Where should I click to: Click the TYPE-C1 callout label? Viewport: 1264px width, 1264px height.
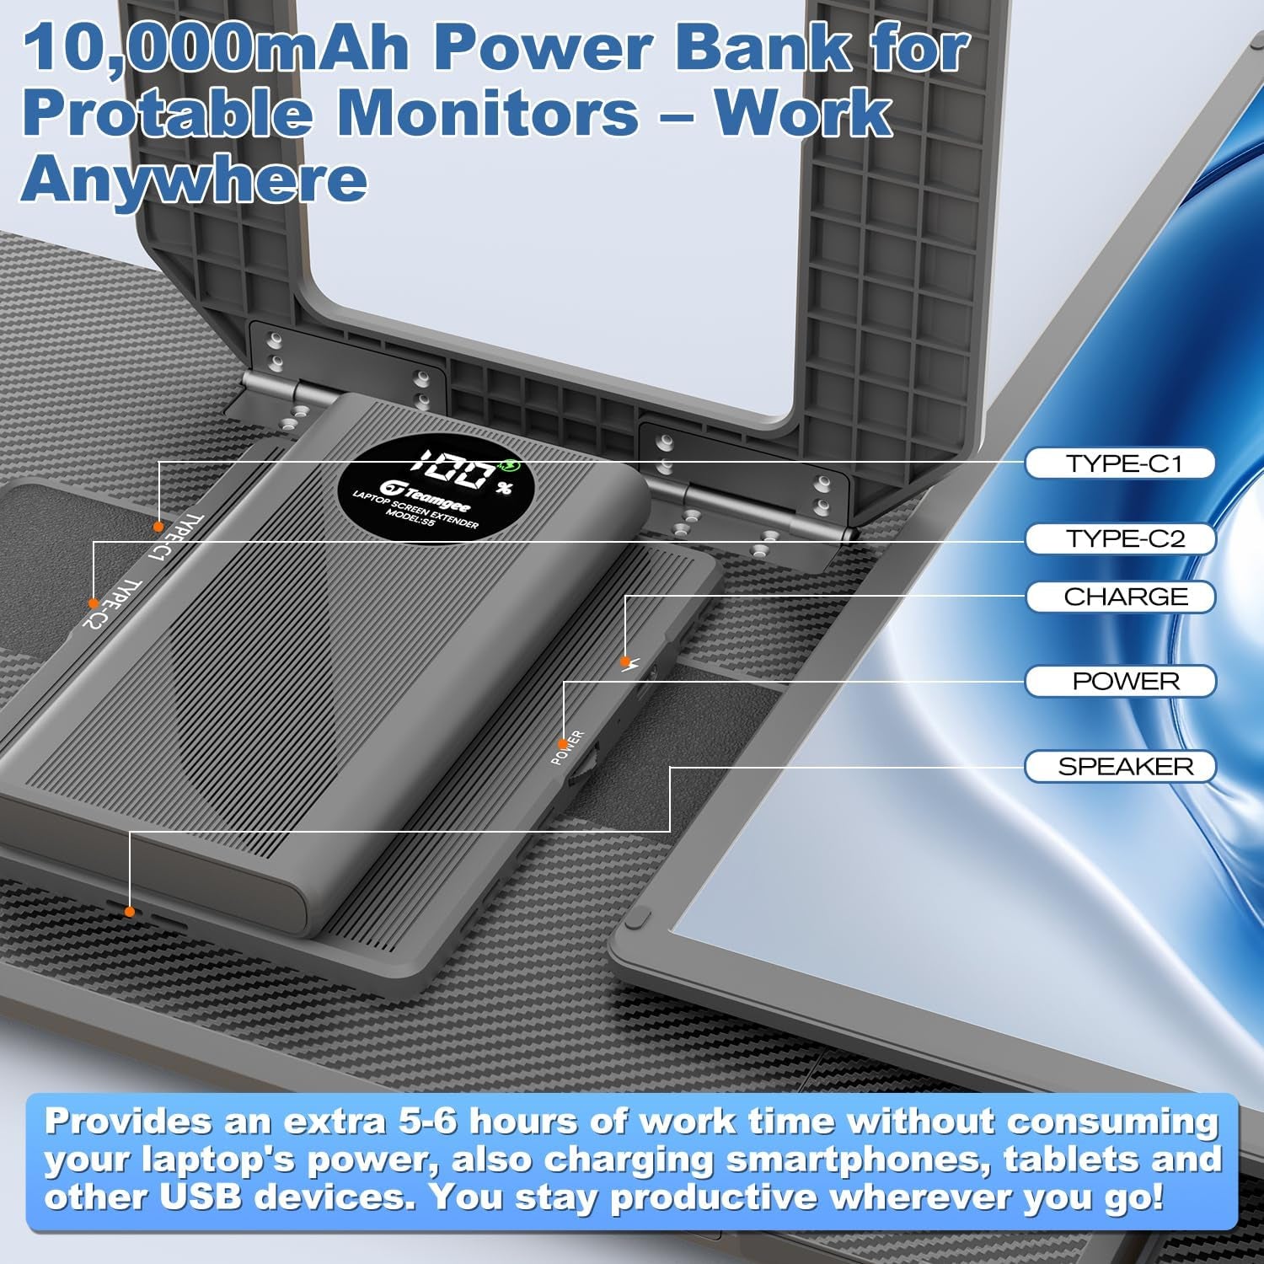pyautogui.click(x=1120, y=463)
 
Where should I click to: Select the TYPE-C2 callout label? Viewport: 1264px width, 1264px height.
pyautogui.click(x=1120, y=538)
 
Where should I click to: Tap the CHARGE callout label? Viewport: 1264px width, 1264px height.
pyautogui.click(x=1120, y=597)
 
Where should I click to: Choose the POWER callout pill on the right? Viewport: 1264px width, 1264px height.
pyautogui.click(x=1120, y=681)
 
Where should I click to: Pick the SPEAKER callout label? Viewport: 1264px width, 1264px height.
pyautogui.click(x=1120, y=766)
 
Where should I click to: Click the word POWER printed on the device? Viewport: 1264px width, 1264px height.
pyautogui.click(x=567, y=747)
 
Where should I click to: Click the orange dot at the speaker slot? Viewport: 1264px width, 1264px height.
pyautogui.click(x=130, y=912)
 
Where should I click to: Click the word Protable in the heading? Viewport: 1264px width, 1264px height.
pyautogui.click(x=166, y=114)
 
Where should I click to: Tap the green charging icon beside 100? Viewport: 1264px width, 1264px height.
pyautogui.click(x=510, y=466)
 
